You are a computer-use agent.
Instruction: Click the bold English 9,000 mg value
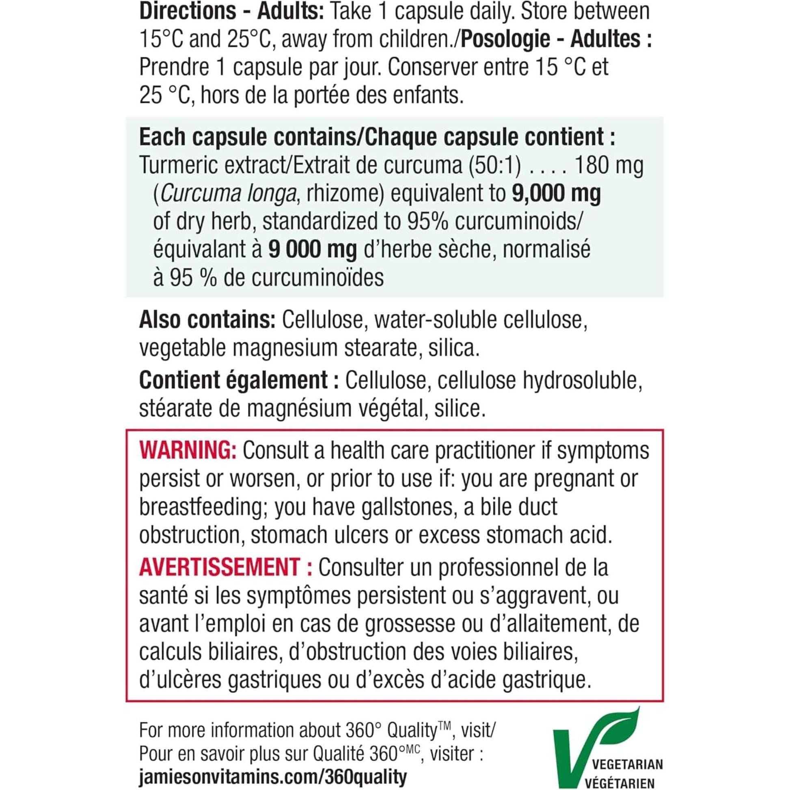(x=556, y=193)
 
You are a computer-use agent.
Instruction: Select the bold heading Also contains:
(x=207, y=320)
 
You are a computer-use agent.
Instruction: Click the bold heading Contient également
(x=233, y=380)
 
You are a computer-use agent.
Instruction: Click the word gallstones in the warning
(x=404, y=507)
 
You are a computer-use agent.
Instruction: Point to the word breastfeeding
(x=200, y=507)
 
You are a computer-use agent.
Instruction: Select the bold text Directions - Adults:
(x=231, y=11)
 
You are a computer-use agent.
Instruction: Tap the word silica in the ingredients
(x=453, y=348)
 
